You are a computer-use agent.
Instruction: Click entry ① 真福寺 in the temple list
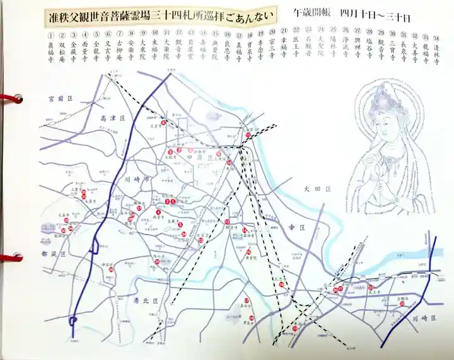pyautogui.click(x=52, y=50)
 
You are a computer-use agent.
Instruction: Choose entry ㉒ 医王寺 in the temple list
pyautogui.click(x=296, y=50)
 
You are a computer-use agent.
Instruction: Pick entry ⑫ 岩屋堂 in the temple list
pyautogui.click(x=179, y=50)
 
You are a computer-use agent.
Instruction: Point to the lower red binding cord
pyautogui.click(x=11, y=258)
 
